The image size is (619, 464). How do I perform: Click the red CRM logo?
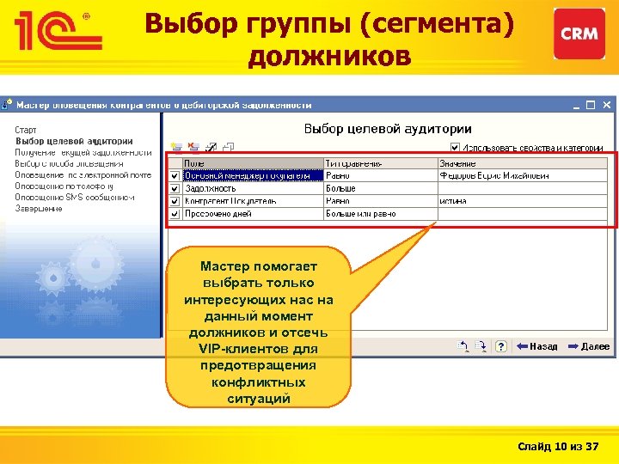tap(579, 34)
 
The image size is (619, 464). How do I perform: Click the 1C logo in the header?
tap(57, 34)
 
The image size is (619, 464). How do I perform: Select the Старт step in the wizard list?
tap(26, 130)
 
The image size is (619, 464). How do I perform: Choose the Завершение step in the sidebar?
tap(39, 208)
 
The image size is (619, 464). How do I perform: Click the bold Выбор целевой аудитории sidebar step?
tap(74, 141)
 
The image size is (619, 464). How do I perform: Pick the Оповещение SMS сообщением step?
tap(75, 197)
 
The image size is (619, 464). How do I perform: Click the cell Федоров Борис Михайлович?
tap(494, 175)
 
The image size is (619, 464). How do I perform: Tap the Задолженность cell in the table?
tap(211, 188)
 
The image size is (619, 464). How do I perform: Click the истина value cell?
tap(453, 200)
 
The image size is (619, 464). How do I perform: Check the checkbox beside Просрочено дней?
tap(174, 213)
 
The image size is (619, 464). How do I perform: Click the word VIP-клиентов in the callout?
tap(258, 349)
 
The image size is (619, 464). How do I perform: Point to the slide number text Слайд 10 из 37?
tap(559, 447)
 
